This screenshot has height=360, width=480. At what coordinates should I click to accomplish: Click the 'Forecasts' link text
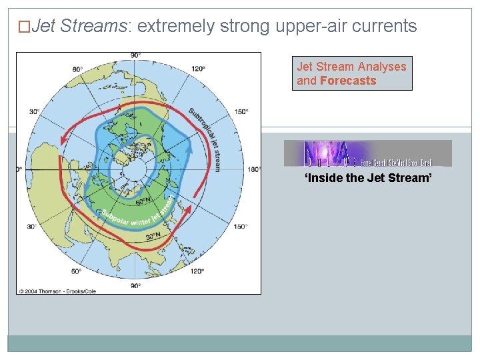(348, 81)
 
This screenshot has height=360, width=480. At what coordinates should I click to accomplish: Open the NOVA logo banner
(367, 153)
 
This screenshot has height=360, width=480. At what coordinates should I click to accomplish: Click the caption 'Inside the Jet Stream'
(369, 178)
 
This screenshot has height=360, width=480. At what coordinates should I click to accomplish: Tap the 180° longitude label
(253, 169)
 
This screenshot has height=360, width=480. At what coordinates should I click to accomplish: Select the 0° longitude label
(19, 169)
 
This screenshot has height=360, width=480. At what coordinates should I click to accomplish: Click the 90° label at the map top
(135, 55)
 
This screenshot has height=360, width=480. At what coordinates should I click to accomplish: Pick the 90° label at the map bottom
(135, 285)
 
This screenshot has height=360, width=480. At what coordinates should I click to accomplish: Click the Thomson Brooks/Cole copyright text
(58, 291)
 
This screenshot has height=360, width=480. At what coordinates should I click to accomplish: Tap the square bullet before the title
(24, 27)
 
